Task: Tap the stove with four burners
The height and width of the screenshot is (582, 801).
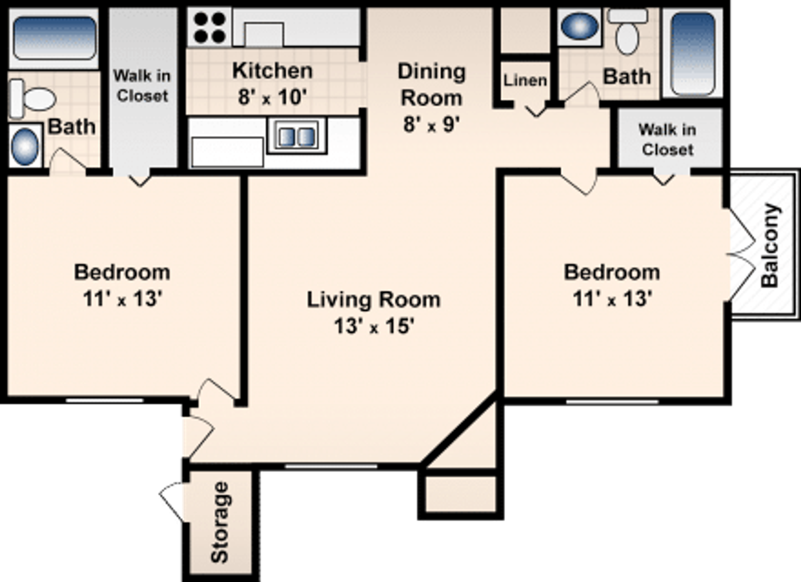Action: pos(210,27)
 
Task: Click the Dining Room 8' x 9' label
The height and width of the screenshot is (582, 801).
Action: pos(431,98)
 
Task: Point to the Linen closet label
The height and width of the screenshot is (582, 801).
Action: pos(525,80)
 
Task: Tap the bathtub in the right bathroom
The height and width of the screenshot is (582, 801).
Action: pos(693,53)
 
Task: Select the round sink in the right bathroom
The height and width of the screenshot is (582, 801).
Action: pos(579,26)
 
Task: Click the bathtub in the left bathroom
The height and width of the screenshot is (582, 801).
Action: pos(54,38)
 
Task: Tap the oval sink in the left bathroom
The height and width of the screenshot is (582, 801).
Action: pos(25,146)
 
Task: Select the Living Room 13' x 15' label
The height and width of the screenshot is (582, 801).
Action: pos(373,313)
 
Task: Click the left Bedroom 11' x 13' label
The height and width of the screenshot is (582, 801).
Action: pos(122,286)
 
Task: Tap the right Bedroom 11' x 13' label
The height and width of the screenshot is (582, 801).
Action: pos(612,286)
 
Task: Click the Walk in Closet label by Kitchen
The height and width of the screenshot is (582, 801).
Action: pos(142,86)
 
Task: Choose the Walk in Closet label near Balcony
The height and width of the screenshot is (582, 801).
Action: pos(667,139)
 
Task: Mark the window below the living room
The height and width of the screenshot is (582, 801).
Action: pos(331,466)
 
